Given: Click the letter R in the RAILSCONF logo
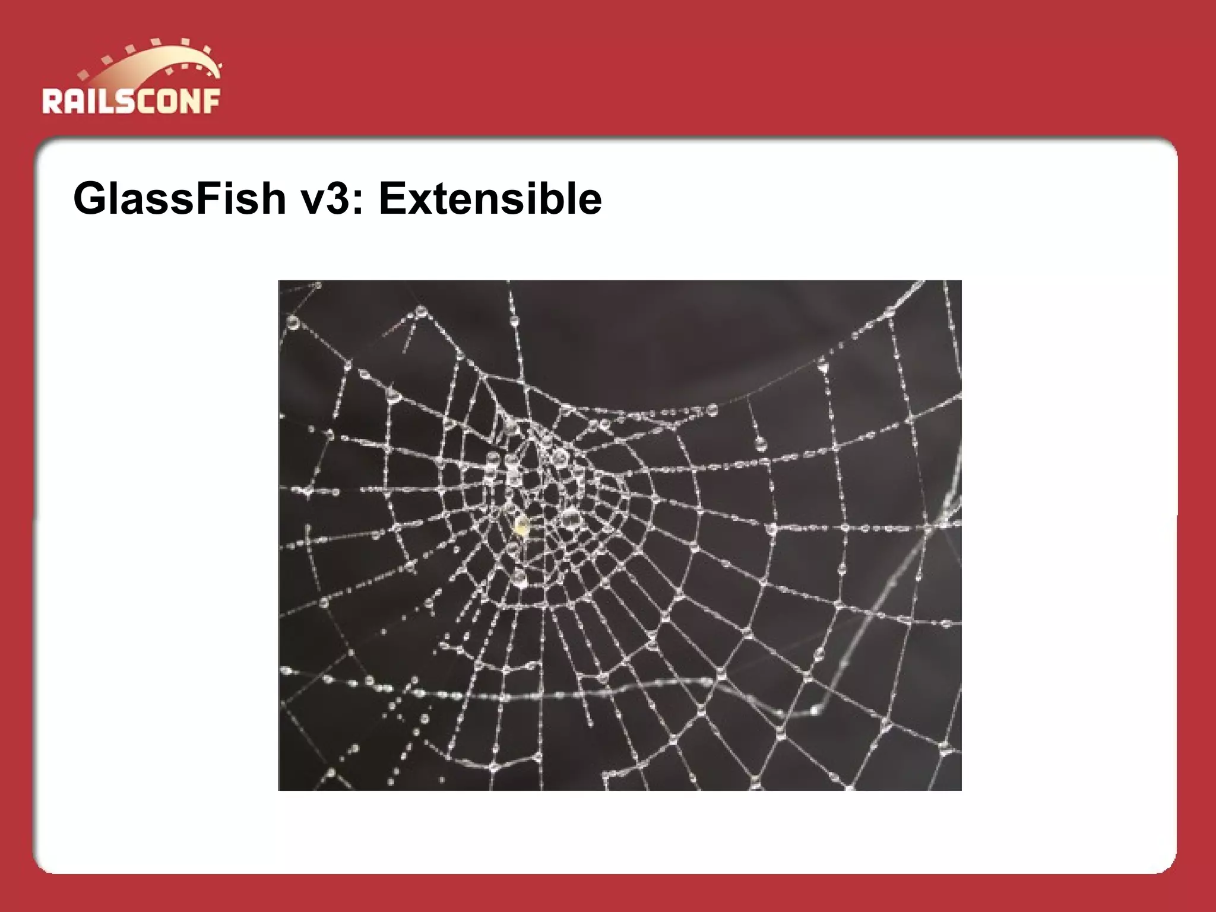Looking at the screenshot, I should coord(52,101).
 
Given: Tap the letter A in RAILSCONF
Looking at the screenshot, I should coord(74,101).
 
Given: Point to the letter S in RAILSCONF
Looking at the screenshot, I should coord(125,101).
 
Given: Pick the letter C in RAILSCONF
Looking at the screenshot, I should coord(147,101).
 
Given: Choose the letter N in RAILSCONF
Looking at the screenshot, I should coord(191,101).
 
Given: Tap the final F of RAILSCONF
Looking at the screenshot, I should coord(211,101).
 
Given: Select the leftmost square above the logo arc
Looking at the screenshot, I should coord(83,75).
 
